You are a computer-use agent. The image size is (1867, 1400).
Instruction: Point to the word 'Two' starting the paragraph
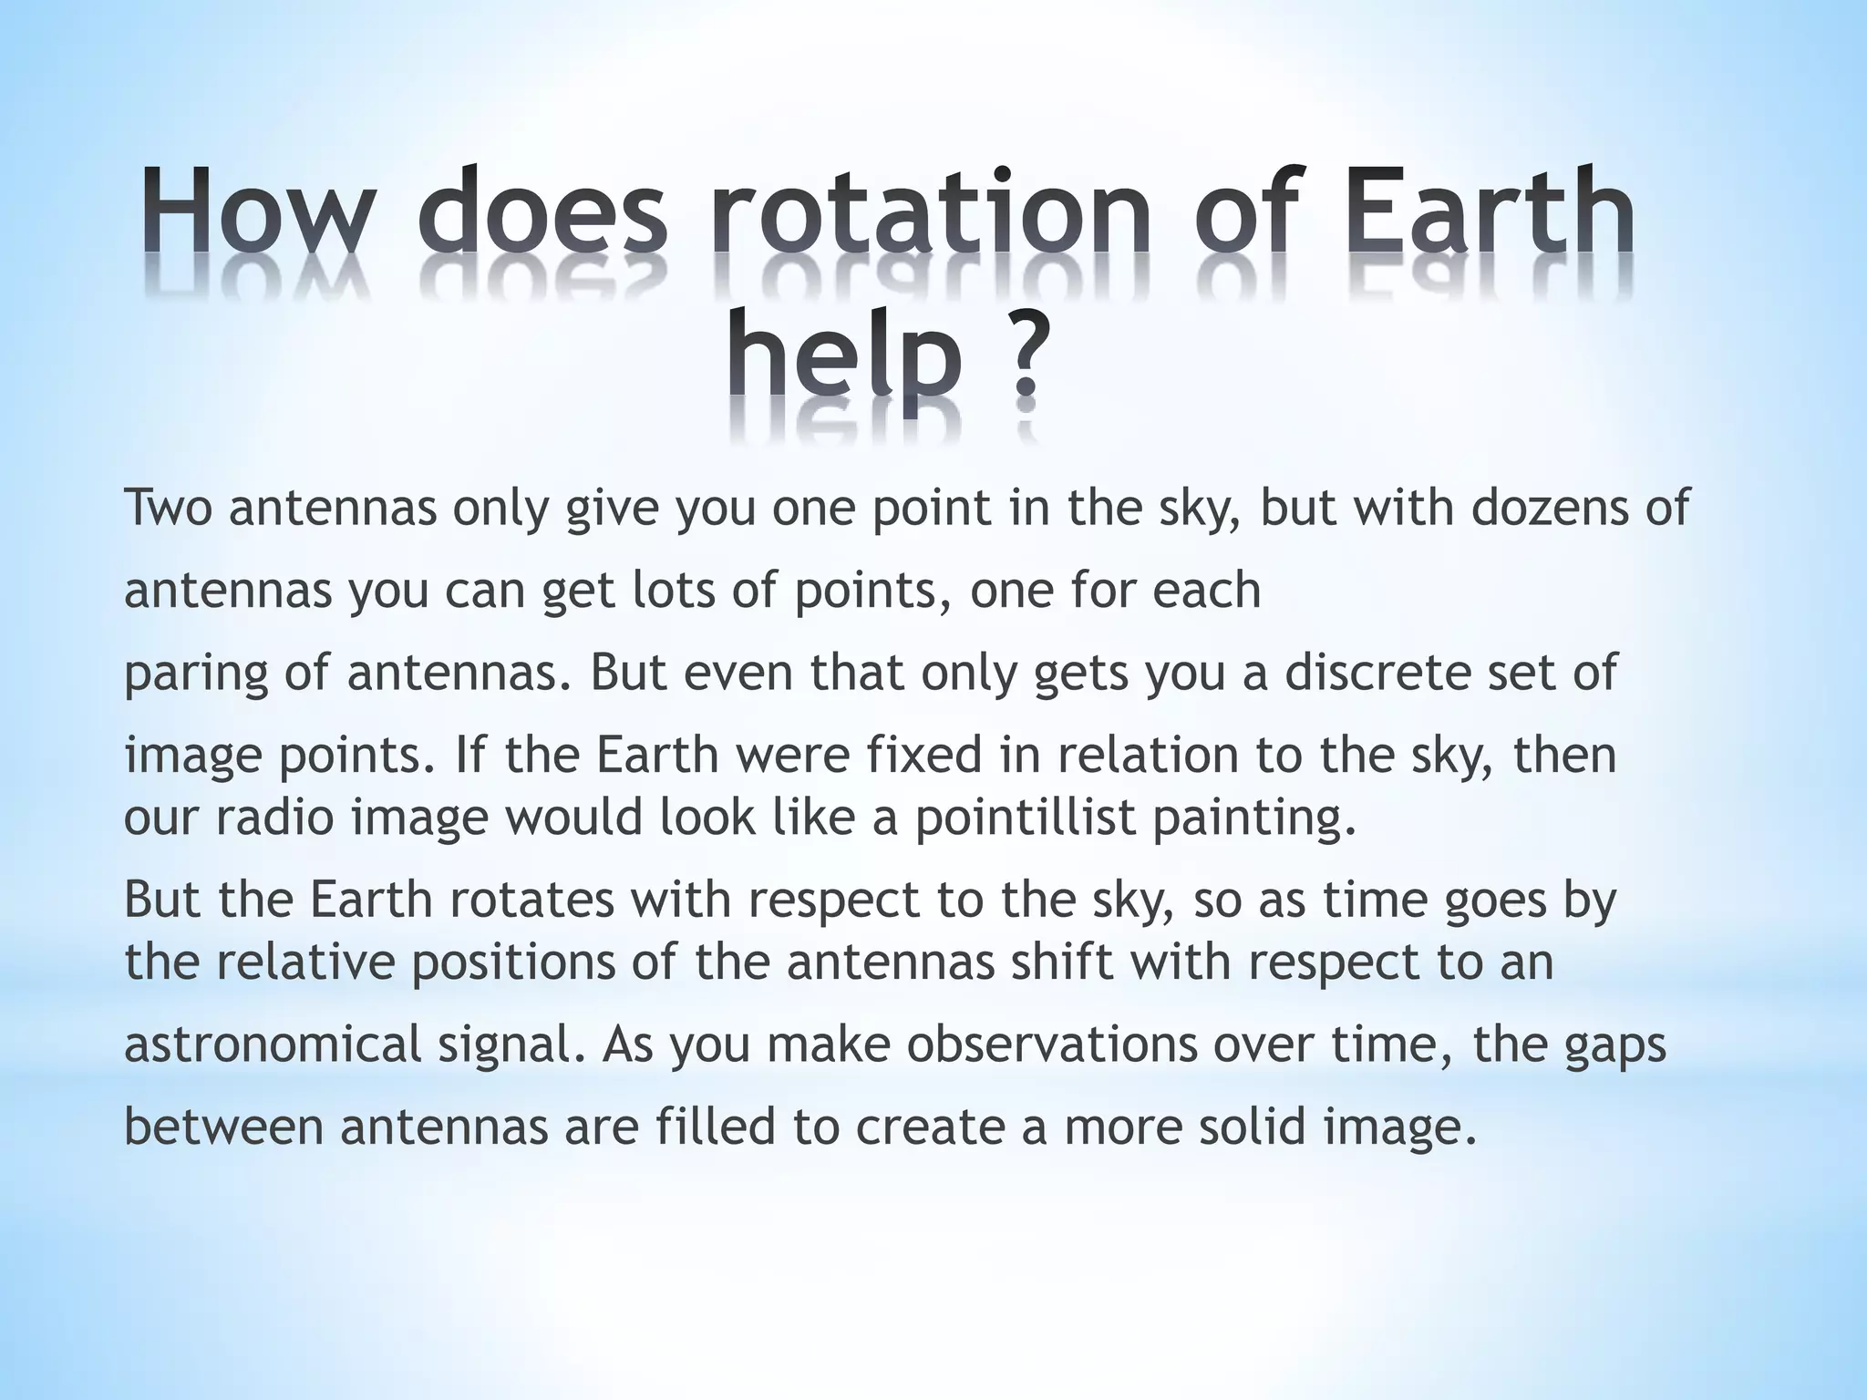(169, 508)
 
